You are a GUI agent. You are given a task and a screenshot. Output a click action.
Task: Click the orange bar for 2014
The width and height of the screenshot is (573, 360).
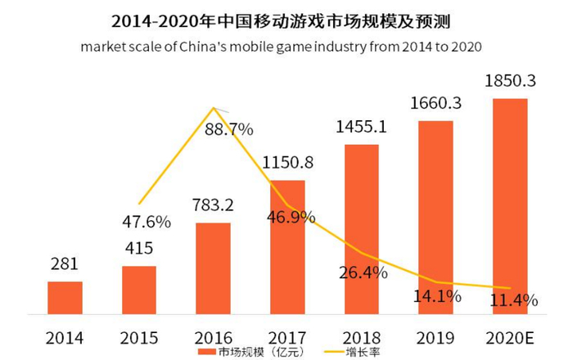tap(65, 297)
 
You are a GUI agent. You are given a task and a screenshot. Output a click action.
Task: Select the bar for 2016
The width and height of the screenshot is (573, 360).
tap(214, 268)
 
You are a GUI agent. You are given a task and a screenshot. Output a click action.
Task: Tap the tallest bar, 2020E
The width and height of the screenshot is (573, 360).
tap(510, 205)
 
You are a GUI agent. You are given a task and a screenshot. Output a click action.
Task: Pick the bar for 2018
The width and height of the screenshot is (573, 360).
tap(362, 228)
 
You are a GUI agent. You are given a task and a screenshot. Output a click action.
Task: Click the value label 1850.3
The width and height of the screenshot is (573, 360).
tap(510, 83)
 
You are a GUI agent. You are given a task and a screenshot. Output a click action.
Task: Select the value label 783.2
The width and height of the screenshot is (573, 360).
tap(214, 205)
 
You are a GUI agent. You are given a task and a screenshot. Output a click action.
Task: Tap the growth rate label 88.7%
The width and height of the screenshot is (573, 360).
tap(229, 129)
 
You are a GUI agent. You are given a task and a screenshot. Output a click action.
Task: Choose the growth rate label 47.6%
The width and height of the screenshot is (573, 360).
tap(146, 222)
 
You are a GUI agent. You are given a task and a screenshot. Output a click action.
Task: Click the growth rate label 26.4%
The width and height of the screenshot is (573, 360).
tap(362, 272)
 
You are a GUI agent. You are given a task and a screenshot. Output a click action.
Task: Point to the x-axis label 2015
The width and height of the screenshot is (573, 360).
tap(139, 336)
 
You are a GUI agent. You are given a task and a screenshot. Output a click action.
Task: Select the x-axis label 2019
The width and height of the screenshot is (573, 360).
tap(435, 336)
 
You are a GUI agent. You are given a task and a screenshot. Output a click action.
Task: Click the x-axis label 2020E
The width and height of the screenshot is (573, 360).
tap(510, 336)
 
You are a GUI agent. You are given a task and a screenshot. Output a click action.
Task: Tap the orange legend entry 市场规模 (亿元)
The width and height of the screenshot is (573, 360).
tap(238, 352)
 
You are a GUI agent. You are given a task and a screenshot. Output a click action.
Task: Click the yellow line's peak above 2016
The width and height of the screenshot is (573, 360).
tap(214, 108)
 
